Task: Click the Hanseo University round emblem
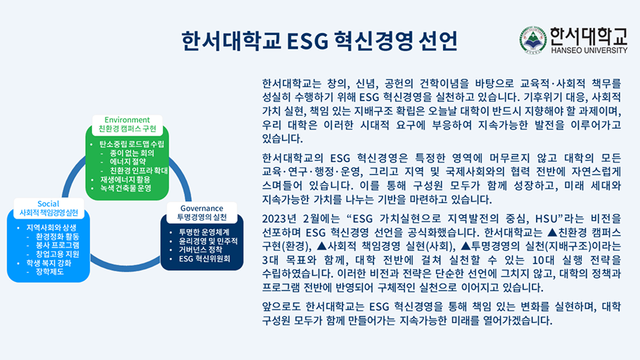click(x=533, y=40)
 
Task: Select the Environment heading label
click(x=127, y=120)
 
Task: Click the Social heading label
click(x=49, y=203)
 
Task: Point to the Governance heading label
click(x=202, y=208)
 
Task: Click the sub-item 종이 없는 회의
click(x=133, y=153)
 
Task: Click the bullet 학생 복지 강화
click(x=49, y=263)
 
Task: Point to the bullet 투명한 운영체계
click(x=204, y=231)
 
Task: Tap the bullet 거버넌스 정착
click(x=201, y=250)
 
